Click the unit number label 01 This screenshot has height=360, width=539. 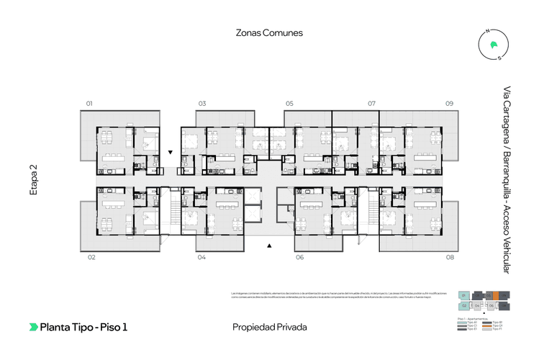[x=90, y=104]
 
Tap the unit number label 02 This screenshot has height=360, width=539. [x=91, y=257]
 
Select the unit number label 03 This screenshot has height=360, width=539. [x=202, y=104]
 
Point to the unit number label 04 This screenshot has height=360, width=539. [x=201, y=257]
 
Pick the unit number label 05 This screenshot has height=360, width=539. [x=289, y=104]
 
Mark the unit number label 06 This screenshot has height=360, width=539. [x=299, y=257]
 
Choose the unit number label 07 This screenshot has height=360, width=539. [x=373, y=104]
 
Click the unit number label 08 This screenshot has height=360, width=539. [x=450, y=257]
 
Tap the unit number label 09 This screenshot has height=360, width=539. [x=449, y=104]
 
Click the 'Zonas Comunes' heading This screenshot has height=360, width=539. [x=269, y=33]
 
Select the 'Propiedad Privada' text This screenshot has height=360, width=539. [x=269, y=327]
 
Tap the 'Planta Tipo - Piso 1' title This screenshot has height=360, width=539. [x=83, y=327]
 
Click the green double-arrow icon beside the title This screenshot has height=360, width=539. [x=33, y=327]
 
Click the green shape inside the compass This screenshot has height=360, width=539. [x=493, y=45]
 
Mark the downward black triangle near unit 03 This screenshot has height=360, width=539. [x=171, y=153]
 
